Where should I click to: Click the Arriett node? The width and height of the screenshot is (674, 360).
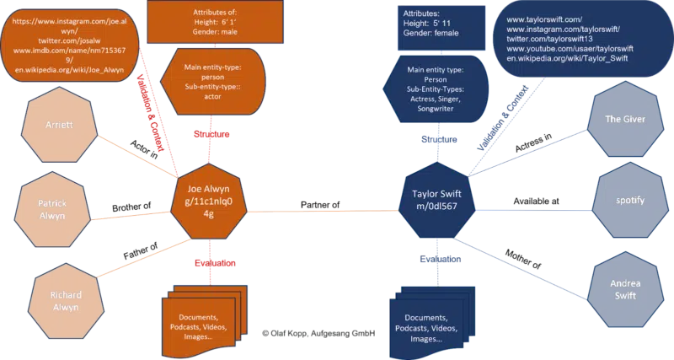59,124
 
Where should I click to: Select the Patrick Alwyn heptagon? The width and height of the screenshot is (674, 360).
52,208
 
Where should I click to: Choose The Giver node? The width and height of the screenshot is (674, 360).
625,120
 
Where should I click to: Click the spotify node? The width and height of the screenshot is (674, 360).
631,201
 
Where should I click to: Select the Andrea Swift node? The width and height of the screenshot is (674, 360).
624,289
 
